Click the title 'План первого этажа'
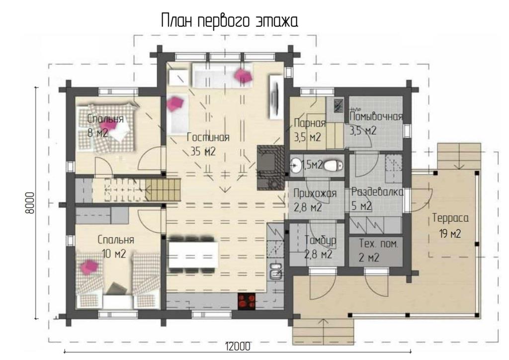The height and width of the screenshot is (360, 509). pos(230,21)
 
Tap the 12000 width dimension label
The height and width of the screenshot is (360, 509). pos(238,347)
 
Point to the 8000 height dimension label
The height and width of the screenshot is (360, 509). pos(29,203)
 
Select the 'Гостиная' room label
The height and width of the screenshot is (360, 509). pos(208,137)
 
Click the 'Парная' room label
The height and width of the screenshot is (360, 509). pos(310,123)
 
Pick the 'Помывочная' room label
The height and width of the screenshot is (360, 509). pos(376,116)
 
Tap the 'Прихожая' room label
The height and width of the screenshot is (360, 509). pos(315,193)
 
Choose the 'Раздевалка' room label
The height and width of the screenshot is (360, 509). pos(378,192)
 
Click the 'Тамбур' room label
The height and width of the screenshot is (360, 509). pos(320,240)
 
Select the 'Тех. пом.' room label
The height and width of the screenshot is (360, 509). pos(378,244)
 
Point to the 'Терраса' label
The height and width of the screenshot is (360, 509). pos(450,218)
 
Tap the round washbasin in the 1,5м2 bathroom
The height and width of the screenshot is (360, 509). pos(296,166)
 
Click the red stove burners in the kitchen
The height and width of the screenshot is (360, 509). pos(248,301)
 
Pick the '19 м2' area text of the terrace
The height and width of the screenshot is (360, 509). pos(450,233)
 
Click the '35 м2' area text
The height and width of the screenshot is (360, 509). pos(203,151)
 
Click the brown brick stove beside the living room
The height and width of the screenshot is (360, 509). pos(270,168)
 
